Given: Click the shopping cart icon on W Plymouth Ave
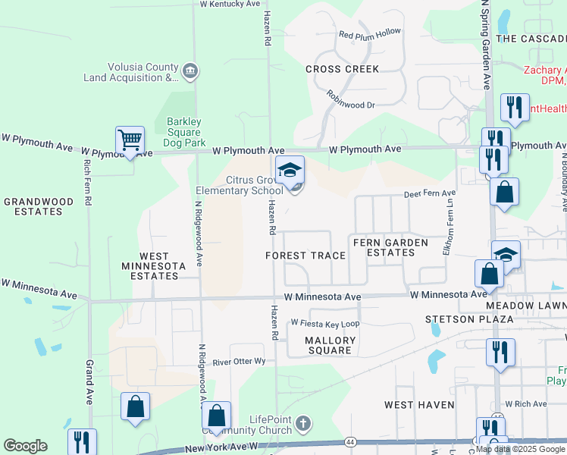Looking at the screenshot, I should (130, 141).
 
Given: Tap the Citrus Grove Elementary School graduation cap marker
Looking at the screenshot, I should (290, 172).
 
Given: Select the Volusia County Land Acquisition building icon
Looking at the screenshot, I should (190, 71).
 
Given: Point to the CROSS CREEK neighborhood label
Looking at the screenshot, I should (342, 69).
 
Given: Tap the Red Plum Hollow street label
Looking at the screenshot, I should (370, 34).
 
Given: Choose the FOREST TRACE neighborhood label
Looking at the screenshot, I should (305, 256).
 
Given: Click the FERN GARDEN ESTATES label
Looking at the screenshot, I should (390, 248).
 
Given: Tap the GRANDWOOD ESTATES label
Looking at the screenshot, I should (39, 207).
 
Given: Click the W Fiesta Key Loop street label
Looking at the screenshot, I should (324, 323).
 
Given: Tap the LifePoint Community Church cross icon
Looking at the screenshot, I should (302, 422).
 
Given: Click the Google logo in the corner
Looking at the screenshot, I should (25, 446).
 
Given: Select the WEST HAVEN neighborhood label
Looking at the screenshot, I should (419, 405).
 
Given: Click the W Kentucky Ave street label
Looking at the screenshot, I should (230, 4).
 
